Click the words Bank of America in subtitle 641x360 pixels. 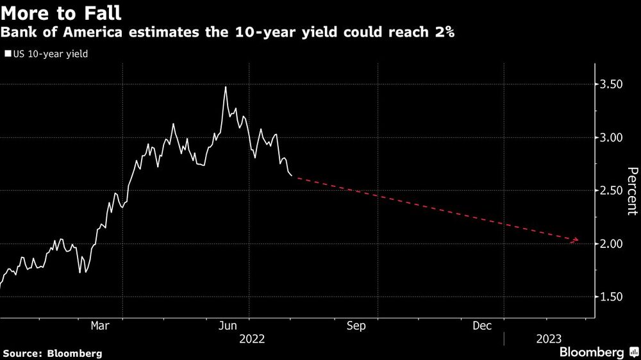point(49,33)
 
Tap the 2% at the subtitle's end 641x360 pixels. point(445,33)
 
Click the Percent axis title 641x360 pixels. point(632,190)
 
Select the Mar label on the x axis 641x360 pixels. point(99,326)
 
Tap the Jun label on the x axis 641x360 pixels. point(229,326)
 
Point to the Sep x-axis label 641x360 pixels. point(356,326)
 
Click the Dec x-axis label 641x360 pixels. point(482,326)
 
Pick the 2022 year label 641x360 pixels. point(251,338)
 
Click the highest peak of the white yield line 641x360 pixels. point(226,86)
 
